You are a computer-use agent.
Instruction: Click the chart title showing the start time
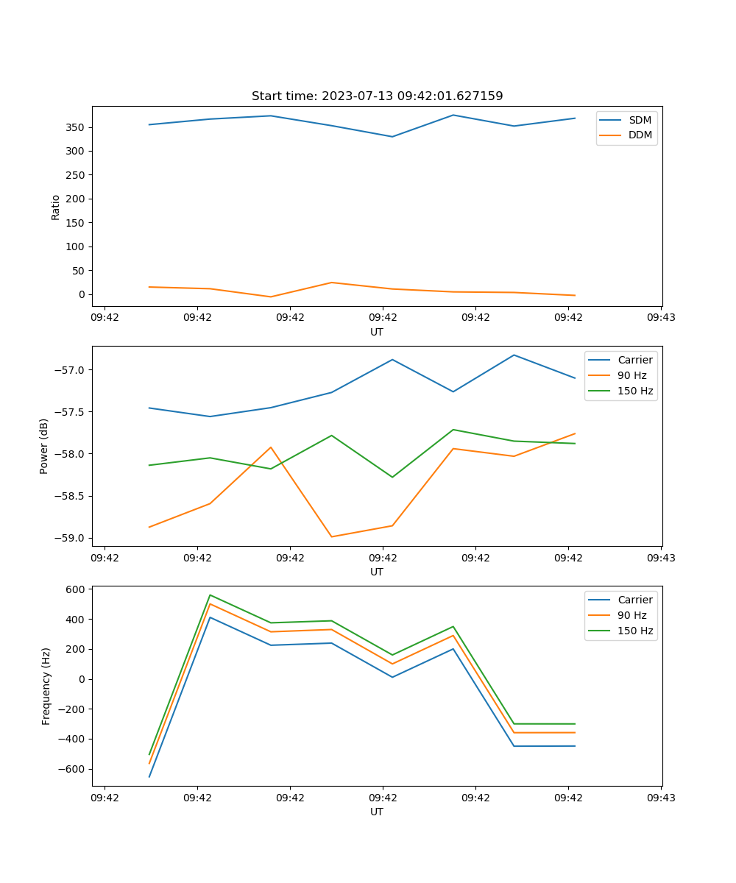(377, 96)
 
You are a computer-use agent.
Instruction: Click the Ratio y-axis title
(56, 207)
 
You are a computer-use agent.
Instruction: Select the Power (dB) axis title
(45, 446)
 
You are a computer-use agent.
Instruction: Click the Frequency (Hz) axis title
(46, 686)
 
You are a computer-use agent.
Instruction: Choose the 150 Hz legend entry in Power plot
(635, 391)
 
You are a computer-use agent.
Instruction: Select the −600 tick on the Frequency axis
(73, 770)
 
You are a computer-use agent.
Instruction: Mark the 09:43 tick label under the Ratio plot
(661, 317)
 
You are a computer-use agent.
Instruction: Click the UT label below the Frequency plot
(377, 812)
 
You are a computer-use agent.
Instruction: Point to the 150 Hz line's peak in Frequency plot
(210, 595)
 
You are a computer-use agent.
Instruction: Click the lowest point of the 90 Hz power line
(331, 536)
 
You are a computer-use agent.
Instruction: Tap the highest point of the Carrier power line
(514, 355)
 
